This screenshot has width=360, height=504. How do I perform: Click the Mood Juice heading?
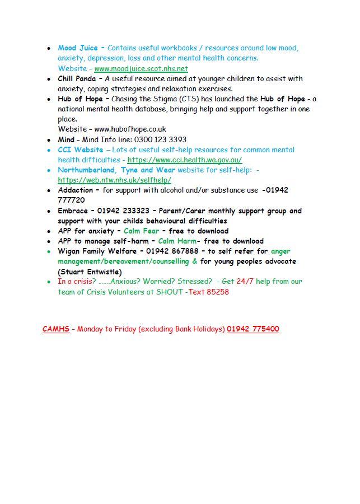77,48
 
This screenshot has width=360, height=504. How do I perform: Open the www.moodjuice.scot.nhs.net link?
141,68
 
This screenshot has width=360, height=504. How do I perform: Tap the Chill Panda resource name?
77,78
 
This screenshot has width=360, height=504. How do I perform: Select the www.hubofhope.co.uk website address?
130,129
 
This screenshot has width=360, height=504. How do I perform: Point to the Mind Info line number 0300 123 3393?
160,139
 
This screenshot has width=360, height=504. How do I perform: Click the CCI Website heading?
80,150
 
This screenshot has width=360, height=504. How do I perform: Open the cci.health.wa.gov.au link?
184,160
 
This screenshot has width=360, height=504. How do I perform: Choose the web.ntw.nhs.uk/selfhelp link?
114,180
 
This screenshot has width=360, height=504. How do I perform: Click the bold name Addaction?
75,190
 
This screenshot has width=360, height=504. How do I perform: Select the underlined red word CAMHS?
56,329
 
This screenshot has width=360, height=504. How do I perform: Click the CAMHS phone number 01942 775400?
253,329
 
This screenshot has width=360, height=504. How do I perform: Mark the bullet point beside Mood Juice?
50,48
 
